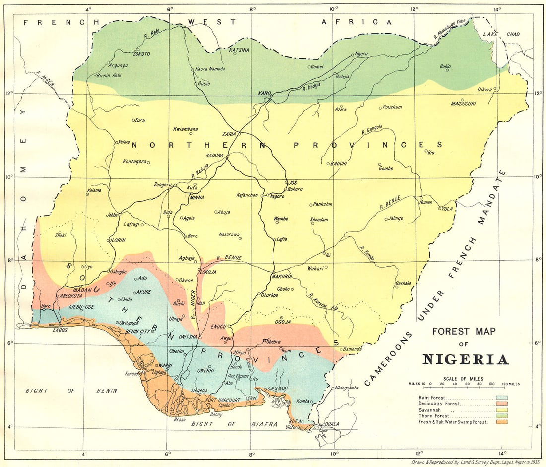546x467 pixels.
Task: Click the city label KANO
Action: point(264,93)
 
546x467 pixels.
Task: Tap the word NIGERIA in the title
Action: point(466,360)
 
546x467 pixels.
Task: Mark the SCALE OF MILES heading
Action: point(463,379)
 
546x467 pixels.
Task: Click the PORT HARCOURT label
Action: point(223,400)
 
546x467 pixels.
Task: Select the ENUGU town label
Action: point(219,327)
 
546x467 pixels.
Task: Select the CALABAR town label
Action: point(277,389)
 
